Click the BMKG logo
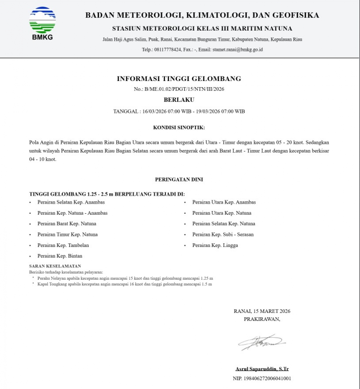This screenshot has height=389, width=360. click(42, 23)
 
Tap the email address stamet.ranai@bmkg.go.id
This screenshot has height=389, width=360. click(237, 50)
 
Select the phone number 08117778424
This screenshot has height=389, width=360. click(167, 50)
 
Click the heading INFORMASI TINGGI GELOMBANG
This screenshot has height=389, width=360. click(179, 79)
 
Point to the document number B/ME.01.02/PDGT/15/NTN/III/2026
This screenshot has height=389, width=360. click(184, 89)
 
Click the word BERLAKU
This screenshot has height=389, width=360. click(179, 100)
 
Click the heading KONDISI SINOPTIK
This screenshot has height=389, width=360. click(179, 128)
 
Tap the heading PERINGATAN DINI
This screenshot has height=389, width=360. click(179, 180)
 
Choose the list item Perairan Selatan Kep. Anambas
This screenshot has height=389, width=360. click(71, 202)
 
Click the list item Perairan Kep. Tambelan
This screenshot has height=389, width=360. click(63, 245)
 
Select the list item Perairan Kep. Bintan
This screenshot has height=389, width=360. click(60, 256)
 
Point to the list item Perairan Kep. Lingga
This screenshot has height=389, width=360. click(215, 245)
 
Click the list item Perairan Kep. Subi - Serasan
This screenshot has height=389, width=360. click(223, 235)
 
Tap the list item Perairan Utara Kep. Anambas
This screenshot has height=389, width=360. click(224, 202)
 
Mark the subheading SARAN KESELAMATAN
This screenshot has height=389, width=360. click(55, 266)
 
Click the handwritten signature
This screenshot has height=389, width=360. click(262, 342)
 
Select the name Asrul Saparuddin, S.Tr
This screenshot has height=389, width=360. click(262, 369)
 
